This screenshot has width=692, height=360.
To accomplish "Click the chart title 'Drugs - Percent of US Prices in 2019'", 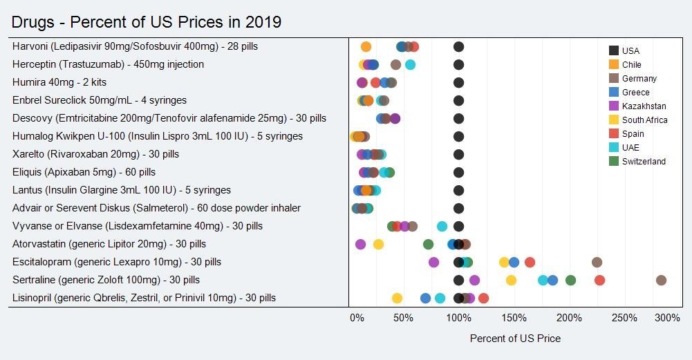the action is click(x=146, y=22).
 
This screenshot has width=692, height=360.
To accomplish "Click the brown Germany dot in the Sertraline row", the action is click(x=661, y=280).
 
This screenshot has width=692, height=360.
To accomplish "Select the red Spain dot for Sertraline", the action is click(x=599, y=280).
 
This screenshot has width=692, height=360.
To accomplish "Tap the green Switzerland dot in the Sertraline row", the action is click(x=570, y=280).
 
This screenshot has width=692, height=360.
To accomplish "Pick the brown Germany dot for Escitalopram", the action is click(x=597, y=263).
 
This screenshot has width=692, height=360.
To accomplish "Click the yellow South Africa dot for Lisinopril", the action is click(x=398, y=299).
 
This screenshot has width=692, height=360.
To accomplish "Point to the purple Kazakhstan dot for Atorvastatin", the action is click(x=361, y=245).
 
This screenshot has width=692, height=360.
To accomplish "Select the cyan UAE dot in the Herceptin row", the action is click(x=410, y=65).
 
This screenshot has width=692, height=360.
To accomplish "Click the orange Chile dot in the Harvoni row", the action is click(x=366, y=47).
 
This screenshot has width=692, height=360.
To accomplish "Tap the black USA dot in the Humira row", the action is click(x=458, y=82).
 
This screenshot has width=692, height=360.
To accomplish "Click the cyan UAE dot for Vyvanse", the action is click(x=442, y=227).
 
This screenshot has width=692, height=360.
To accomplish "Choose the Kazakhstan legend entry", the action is click(x=637, y=106).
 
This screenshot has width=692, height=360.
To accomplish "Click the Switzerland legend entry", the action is click(x=637, y=162).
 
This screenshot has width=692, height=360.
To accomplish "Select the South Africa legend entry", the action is click(x=638, y=120).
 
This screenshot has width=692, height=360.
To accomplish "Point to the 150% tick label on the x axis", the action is click(x=514, y=318).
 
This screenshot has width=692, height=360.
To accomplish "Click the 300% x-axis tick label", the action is click(x=668, y=318).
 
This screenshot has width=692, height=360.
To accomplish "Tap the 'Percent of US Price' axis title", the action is click(x=515, y=339).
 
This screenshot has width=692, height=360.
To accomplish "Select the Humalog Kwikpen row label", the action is click(x=158, y=136).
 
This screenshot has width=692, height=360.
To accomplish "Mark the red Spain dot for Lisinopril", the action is click(x=483, y=299).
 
